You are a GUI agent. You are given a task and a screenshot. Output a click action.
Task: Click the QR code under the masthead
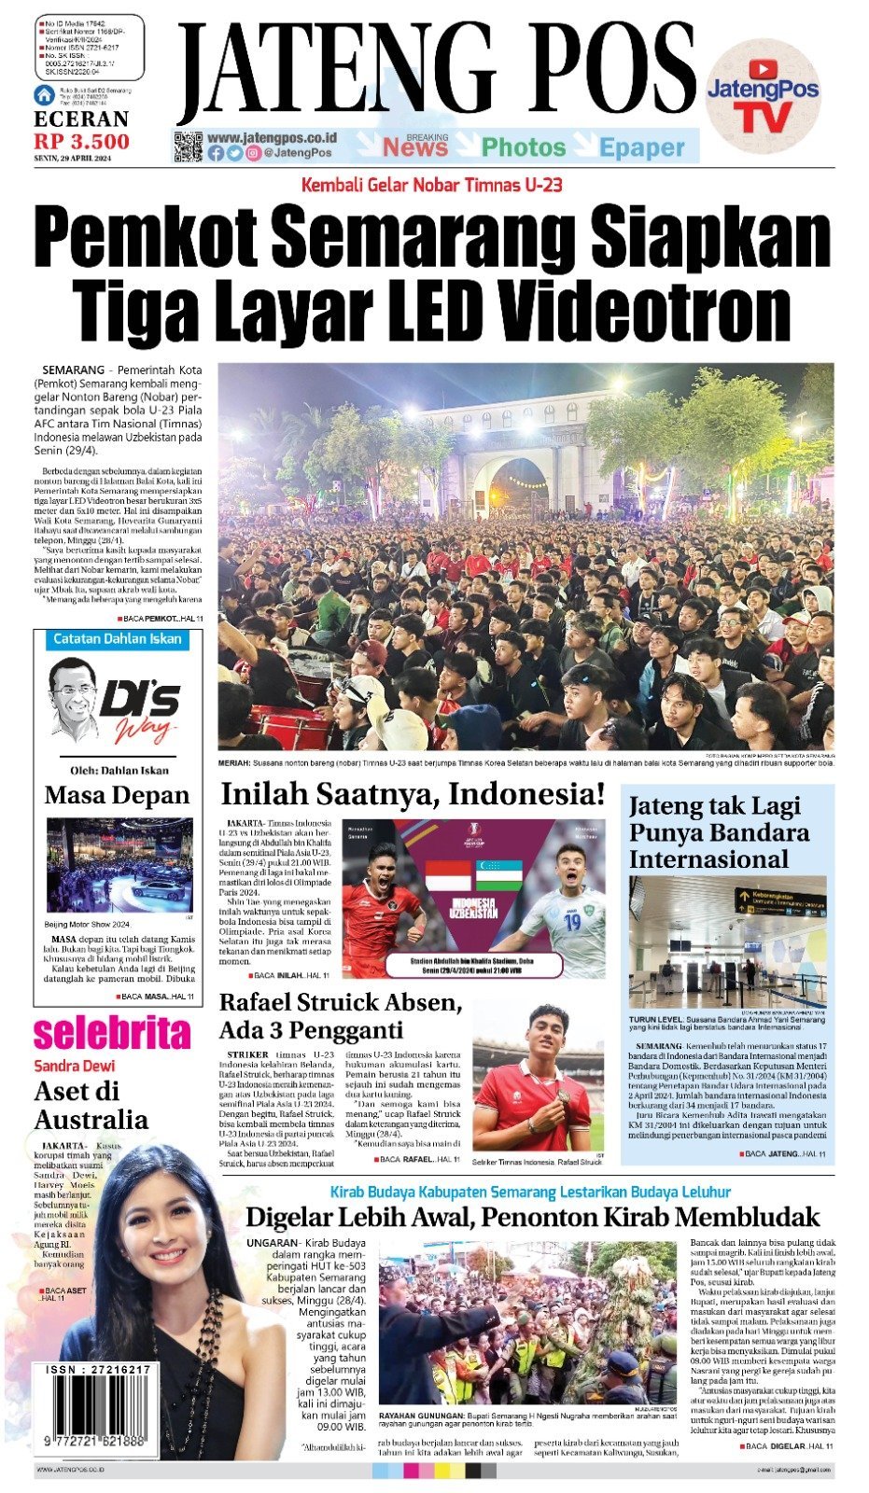[188, 147]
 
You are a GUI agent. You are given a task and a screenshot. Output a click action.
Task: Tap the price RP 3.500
[82, 141]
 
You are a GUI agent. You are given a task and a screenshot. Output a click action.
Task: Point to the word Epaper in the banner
[642, 147]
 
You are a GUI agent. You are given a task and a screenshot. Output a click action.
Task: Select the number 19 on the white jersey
[571, 921]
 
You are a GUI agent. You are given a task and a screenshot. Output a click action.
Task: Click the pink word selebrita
[112, 1032]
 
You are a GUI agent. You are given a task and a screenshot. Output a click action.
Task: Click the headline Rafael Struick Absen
[340, 1003]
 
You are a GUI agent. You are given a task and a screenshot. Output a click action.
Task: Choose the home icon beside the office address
[44, 94]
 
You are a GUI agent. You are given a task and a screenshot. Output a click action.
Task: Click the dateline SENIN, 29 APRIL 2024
[72, 159]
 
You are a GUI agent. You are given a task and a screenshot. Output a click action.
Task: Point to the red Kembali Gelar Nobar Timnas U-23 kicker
[431, 185]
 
